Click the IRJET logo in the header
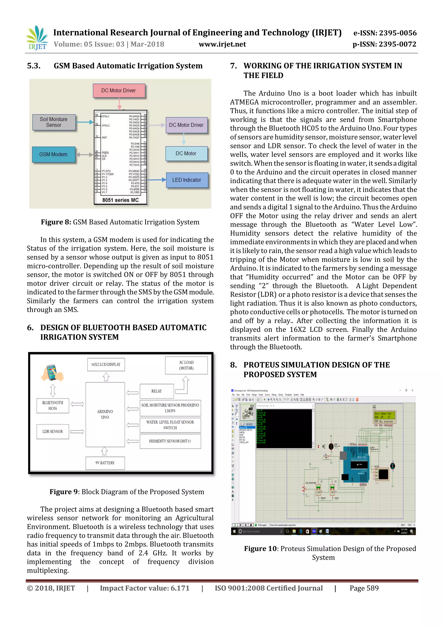pos(37,38)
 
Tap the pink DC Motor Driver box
pos(119,90)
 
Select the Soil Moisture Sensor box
pos(54,122)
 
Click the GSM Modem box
pos(53,154)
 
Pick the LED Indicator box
pos(187,180)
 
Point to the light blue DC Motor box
pos(186,154)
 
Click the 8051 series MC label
pos(120,200)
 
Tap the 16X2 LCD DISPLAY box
pos(106,364)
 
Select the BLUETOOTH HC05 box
pos(52,405)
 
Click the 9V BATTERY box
pos(105,463)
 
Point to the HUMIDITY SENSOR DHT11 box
pos(170,441)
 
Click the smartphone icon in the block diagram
pos(52,373)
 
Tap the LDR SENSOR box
pos(52,431)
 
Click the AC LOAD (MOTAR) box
pos(186,365)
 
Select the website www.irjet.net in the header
pos(222,44)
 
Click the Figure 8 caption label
pos(56,222)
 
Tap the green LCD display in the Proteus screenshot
pos(384,415)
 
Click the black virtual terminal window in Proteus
pos(284,428)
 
